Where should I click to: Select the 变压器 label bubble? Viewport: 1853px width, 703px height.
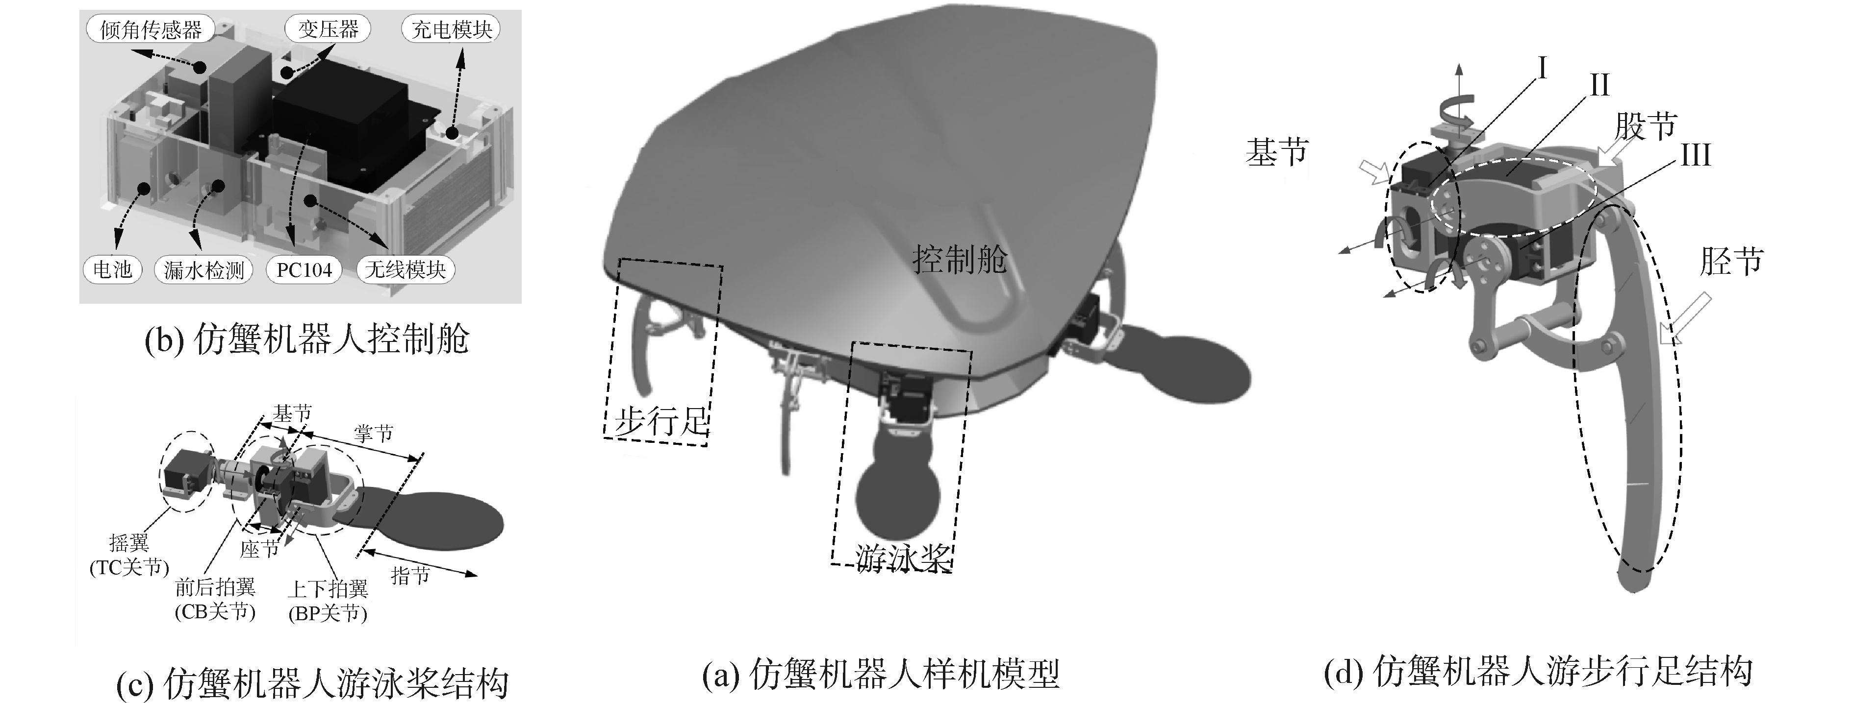[x=328, y=29]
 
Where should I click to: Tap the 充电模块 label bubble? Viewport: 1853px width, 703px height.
[x=451, y=29]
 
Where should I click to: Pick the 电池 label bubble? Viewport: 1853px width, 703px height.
[x=112, y=269]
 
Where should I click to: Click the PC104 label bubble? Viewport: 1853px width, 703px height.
[x=304, y=270]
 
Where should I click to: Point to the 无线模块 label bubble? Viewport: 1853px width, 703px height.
[x=405, y=269]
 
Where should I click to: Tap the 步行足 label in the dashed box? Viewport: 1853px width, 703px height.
[x=660, y=420]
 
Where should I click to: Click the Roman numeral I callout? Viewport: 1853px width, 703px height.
[x=1540, y=69]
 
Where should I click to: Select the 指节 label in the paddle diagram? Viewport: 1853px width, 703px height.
[x=410, y=575]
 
